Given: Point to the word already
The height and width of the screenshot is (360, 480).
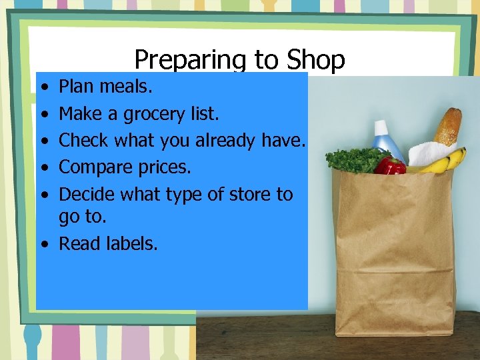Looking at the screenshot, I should pyautogui.click(x=225, y=141).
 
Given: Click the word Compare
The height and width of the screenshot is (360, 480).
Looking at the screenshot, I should pyautogui.click(x=94, y=167).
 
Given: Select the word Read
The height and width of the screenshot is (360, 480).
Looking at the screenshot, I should pyautogui.click(x=77, y=244).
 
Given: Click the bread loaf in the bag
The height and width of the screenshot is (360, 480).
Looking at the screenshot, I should pyautogui.click(x=447, y=127).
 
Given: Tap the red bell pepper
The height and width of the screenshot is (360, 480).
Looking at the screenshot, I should pyautogui.click(x=389, y=166).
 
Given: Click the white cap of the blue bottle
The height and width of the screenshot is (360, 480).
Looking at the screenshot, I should pyautogui.click(x=381, y=126).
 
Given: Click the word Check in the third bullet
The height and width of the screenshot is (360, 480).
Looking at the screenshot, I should pyautogui.click(x=84, y=141).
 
